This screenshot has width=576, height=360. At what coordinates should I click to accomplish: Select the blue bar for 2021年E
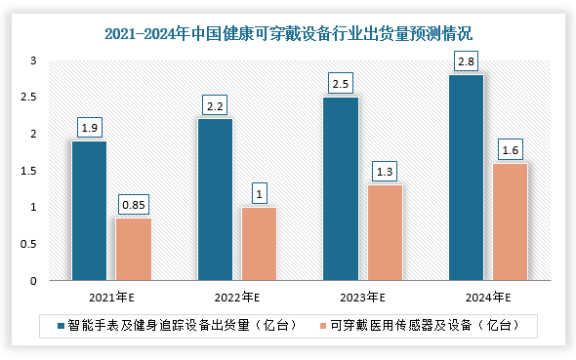(89, 211)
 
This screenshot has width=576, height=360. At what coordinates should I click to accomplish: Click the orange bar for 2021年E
(133, 249)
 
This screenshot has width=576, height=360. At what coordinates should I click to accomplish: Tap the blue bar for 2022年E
(214, 200)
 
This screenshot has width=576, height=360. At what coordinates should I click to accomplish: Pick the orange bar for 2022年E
(259, 244)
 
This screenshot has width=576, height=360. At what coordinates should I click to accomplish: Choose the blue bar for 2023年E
(341, 188)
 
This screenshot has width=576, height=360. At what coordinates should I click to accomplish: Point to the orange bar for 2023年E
(385, 233)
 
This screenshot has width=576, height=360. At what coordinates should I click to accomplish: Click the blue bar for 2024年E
(466, 178)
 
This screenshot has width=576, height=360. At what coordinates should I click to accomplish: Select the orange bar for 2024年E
(510, 221)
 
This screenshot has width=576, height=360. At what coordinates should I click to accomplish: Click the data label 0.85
(133, 205)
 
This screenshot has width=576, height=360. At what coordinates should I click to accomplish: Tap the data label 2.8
(466, 61)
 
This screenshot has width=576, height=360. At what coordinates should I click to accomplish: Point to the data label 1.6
(510, 150)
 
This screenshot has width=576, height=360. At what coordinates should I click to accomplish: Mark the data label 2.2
(215, 105)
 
